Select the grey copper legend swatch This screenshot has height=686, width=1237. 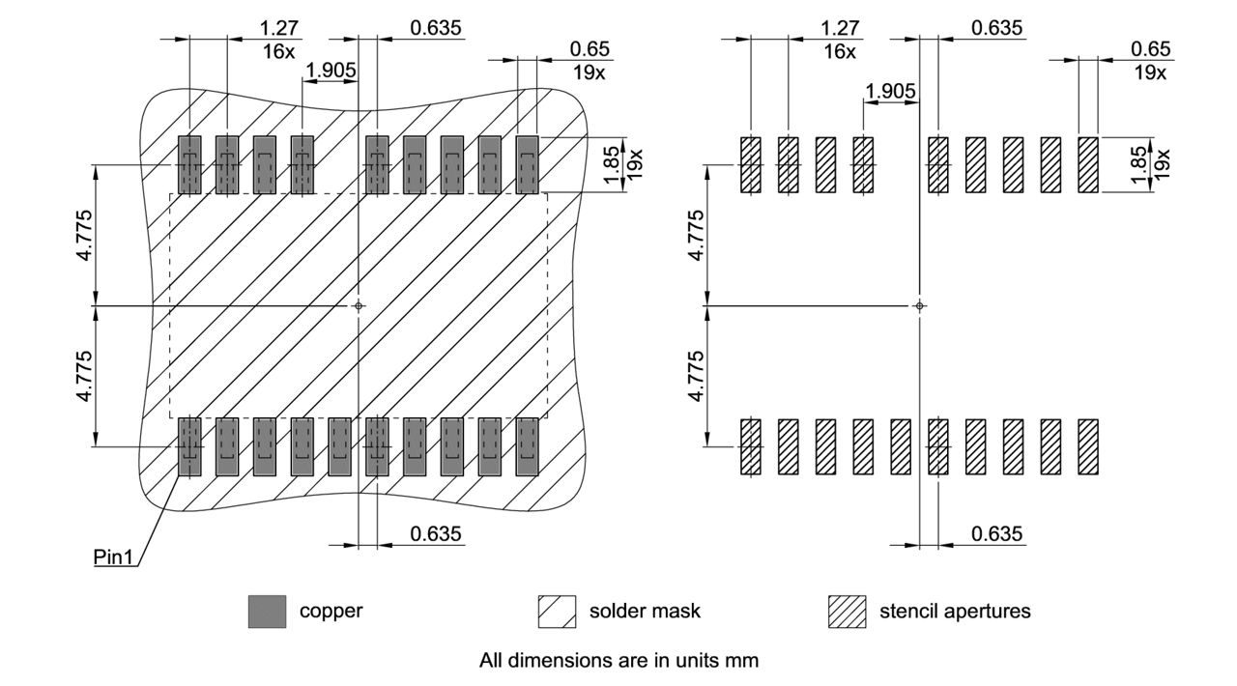pos(267,612)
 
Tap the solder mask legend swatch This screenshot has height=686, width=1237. pos(557,612)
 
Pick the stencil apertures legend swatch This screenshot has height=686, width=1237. pos(847,612)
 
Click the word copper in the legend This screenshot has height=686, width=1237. pos(331,611)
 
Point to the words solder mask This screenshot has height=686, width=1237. pos(645,611)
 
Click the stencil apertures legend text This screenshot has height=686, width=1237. pos(955,611)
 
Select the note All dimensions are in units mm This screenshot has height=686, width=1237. pos(618,661)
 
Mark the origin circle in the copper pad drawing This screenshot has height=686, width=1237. pos(359,305)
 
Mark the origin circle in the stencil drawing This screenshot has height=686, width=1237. pos(919,305)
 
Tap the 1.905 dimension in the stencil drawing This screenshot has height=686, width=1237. pos(891,91)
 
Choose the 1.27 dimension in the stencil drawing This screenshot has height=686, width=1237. pos(839,29)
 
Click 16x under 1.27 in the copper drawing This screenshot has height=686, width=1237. pos(278,51)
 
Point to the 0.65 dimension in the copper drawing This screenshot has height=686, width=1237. pos(588,48)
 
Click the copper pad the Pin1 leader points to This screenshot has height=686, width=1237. pos(189,446)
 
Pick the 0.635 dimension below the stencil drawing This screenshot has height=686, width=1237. pos(997,533)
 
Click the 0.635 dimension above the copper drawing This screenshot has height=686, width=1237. pos(436,27)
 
